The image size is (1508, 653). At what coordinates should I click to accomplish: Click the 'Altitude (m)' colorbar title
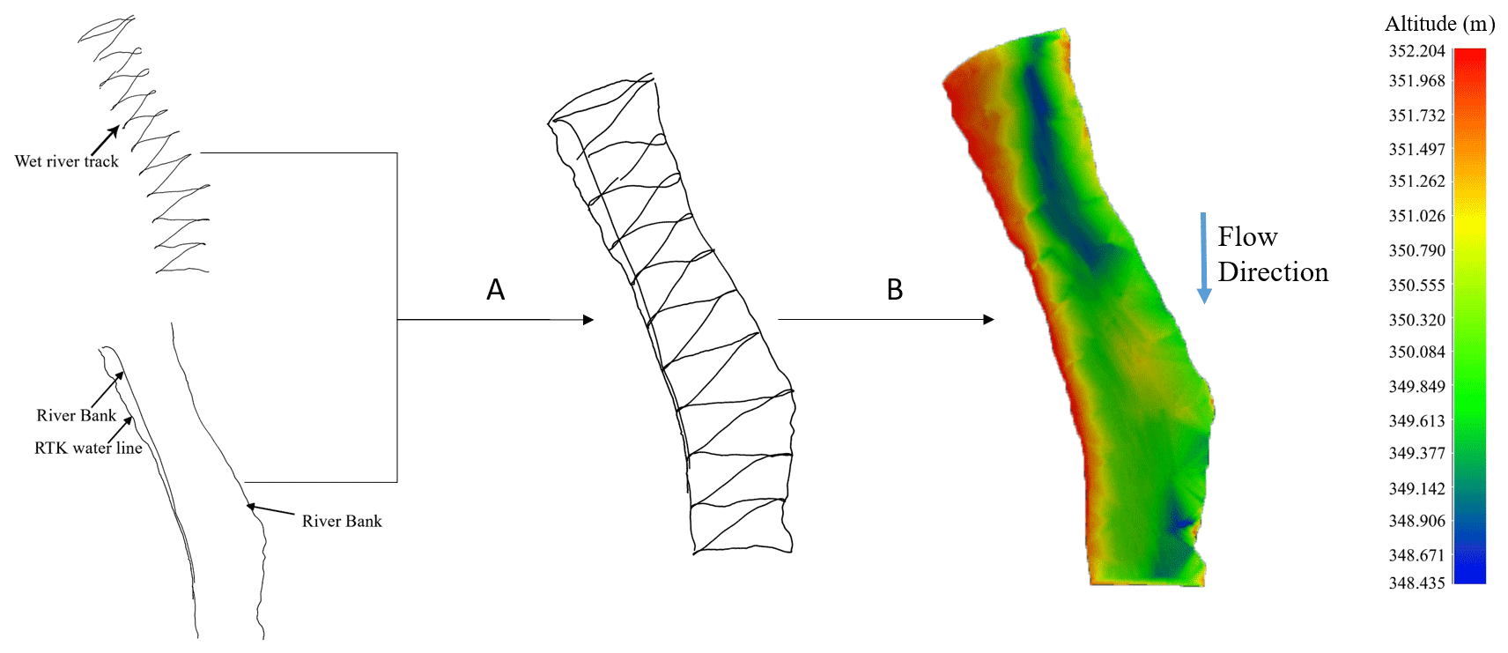(1439, 25)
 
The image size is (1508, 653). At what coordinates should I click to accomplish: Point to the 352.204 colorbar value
(1417, 51)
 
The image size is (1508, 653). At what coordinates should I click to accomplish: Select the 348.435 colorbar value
(1417, 583)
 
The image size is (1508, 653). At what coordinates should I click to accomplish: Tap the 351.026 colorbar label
(1417, 216)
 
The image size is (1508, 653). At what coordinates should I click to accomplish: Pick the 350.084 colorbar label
(1417, 352)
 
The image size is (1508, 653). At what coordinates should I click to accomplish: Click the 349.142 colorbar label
(1417, 489)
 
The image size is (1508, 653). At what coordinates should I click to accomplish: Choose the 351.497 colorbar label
(1417, 150)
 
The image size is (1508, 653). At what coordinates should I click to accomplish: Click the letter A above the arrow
(496, 289)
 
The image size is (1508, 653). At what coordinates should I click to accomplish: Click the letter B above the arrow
(895, 289)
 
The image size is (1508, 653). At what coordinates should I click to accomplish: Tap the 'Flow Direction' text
(1272, 255)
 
